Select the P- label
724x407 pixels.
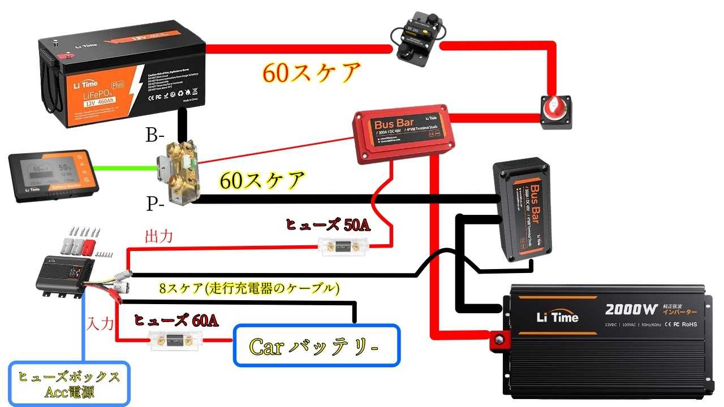coord(156,203)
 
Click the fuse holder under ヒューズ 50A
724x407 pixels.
coord(346,246)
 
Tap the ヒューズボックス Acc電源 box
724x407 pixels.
coord(69,384)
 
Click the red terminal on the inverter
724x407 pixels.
coord(500,340)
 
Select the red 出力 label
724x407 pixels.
coord(159,236)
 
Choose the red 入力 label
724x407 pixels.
coord(101,324)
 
